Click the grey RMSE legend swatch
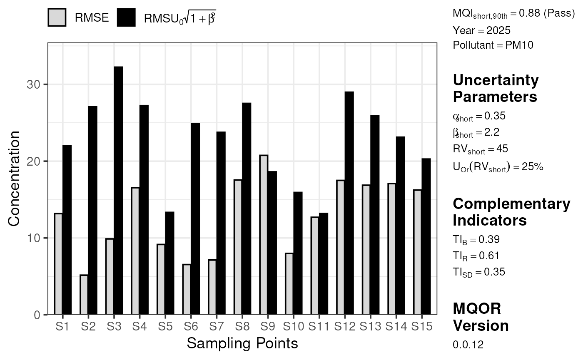click(x=57, y=17)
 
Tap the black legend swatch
click(x=126, y=17)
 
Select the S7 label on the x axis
click(x=217, y=326)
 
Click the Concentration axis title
click(x=14, y=179)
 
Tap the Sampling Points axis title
click(x=242, y=343)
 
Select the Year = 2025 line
click(x=481, y=30)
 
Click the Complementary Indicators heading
click(x=511, y=212)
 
